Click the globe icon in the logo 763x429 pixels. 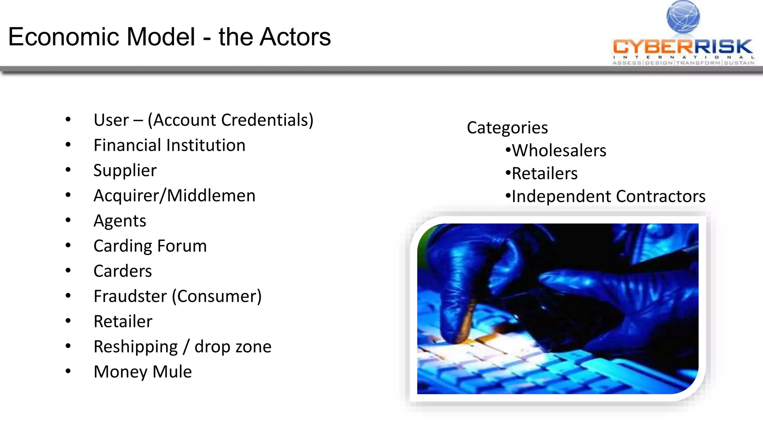point(683,17)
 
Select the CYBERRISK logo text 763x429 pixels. point(683,47)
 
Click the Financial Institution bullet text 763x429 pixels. point(170,145)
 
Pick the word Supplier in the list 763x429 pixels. point(125,171)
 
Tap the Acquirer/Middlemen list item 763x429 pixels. point(174,196)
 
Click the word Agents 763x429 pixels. point(120,221)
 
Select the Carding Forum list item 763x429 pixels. point(150,246)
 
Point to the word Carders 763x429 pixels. point(123,271)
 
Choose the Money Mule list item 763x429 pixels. point(143,372)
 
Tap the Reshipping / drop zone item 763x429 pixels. point(183,347)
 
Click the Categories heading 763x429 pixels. point(507,128)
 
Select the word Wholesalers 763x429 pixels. point(559,151)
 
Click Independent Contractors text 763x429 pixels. point(608,196)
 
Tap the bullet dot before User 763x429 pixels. point(68,120)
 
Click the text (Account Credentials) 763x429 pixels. point(231,120)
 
